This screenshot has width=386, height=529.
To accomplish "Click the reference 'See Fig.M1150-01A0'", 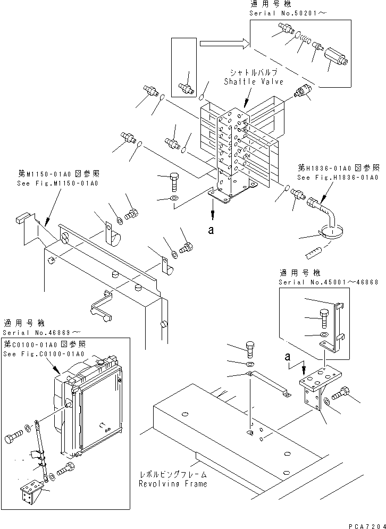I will pyautogui.click(x=58, y=183).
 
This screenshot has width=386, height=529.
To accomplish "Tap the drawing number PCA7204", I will pyautogui.click(x=365, y=523).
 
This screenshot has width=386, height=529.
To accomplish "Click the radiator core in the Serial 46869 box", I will pyautogui.click(x=100, y=409).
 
